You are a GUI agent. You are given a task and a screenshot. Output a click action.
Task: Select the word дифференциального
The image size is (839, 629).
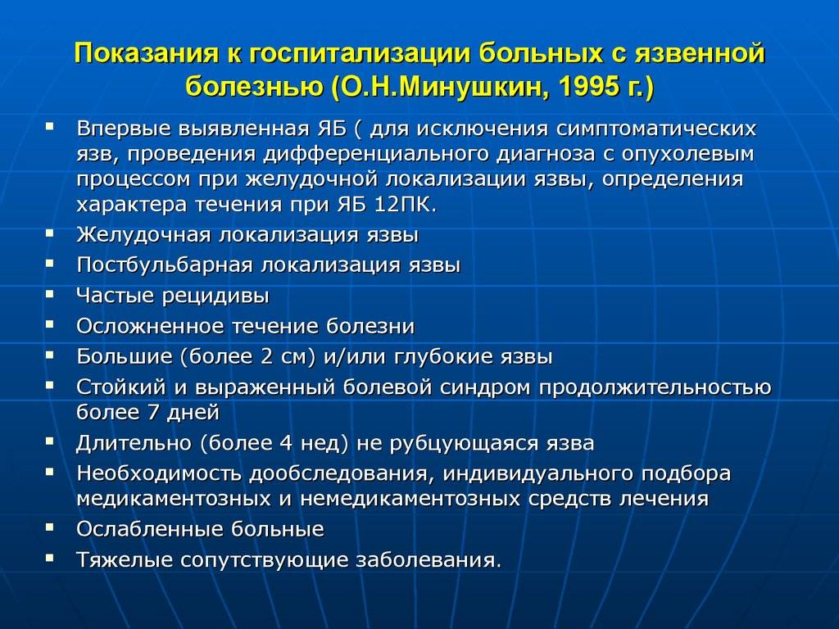click(x=374, y=155)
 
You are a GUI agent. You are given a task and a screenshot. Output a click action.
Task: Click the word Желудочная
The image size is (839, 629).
click(x=143, y=235)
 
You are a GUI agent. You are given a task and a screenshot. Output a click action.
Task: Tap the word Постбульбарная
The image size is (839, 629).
click(x=164, y=266)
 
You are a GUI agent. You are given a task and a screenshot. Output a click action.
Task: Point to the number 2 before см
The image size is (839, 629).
click(x=267, y=357)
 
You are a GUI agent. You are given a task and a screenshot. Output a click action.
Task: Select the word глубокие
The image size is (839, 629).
click(x=445, y=357)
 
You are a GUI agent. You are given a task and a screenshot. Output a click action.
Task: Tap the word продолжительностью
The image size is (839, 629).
click(x=655, y=388)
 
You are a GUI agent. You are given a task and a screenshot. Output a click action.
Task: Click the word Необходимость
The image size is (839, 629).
click(x=160, y=474)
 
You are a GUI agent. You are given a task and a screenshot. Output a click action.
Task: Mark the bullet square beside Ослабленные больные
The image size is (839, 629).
click(x=50, y=527)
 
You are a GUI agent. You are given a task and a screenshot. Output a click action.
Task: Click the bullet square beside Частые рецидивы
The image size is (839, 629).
click(x=50, y=294)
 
